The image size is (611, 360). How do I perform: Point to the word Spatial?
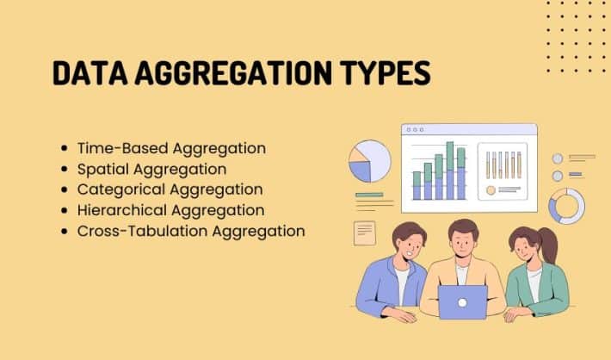(102, 169)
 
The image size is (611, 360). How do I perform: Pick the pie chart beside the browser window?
(369, 161)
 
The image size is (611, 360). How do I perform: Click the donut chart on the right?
(566, 206)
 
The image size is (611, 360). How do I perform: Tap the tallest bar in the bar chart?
(448, 171)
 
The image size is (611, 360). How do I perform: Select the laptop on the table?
(461, 302)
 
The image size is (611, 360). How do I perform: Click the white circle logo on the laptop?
(461, 302)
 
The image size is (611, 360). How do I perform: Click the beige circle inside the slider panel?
(491, 189)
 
